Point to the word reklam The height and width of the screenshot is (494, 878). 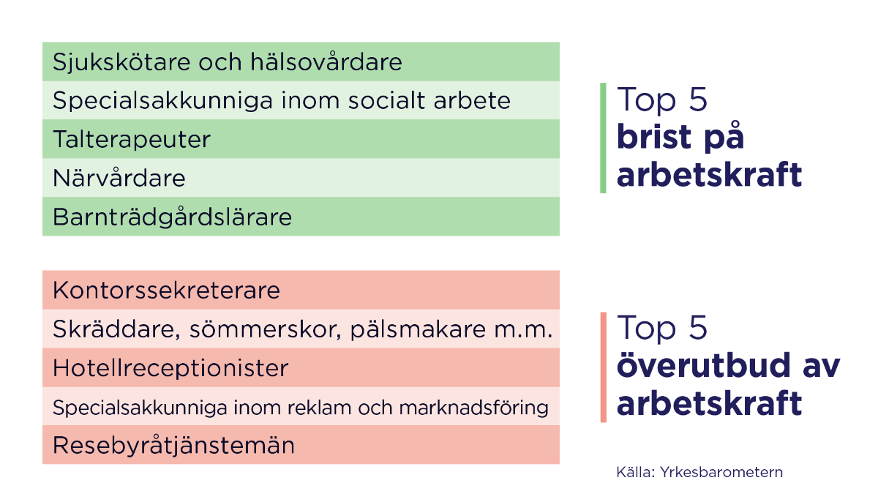(332, 407)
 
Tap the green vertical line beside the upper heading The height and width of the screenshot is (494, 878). (603, 138)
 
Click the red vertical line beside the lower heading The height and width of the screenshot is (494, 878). (603, 367)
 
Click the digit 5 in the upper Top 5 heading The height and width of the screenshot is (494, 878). (698, 100)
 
